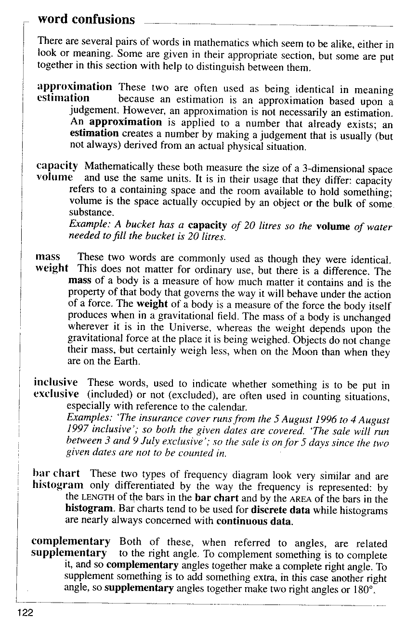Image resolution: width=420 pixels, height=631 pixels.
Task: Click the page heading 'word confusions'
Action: pyautogui.click(x=86, y=20)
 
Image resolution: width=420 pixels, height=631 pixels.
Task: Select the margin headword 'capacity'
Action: pyautogui.click(x=57, y=166)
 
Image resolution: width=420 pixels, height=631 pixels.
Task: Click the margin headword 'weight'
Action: pyautogui.click(x=52, y=268)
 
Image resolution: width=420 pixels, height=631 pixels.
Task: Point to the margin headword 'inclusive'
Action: pyautogui.click(x=56, y=382)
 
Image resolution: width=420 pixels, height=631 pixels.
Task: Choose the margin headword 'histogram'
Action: pyautogui.click(x=57, y=485)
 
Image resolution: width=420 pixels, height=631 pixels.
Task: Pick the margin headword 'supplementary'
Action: pyautogui.click(x=69, y=553)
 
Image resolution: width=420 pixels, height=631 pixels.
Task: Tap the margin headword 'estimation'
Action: pyautogui.click(x=63, y=98)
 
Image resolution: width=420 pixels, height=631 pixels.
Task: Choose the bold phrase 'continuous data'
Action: pyautogui.click(x=254, y=521)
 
